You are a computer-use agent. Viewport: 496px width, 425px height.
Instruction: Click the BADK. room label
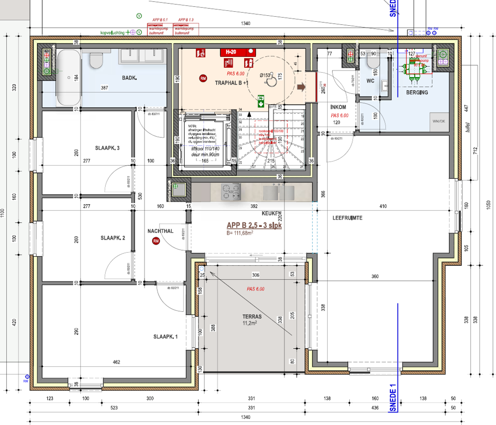pyautogui.click(x=130, y=78)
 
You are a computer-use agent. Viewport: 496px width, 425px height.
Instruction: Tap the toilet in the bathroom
pyautogui.click(x=96, y=60)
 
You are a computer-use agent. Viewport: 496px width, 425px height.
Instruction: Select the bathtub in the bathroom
pyautogui.click(x=69, y=78)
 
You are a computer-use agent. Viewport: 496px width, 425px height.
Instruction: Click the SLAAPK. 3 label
pyautogui.click(x=107, y=148)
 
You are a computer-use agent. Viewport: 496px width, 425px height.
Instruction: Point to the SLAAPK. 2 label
pyautogui.click(x=113, y=238)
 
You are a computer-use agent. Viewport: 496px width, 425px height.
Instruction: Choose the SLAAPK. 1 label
pyautogui.click(x=165, y=337)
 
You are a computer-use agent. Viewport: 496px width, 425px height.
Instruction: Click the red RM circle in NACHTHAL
pyautogui.click(x=156, y=241)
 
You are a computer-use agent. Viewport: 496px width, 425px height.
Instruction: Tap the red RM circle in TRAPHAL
pyautogui.click(x=203, y=78)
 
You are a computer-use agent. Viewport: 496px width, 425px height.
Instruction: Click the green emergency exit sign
pyautogui.click(x=261, y=101)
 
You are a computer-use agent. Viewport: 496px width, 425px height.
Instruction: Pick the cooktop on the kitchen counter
pyautogui.click(x=231, y=192)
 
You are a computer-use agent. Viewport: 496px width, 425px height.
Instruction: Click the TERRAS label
pyautogui.click(x=252, y=317)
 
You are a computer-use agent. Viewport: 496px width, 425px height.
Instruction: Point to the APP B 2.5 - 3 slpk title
pyautogui.click(x=254, y=225)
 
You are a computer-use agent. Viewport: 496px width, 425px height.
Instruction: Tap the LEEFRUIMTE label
pyautogui.click(x=347, y=218)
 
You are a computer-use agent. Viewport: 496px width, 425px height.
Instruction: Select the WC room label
pyautogui.click(x=370, y=81)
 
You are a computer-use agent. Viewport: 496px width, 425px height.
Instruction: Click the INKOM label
pyautogui.click(x=338, y=107)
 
